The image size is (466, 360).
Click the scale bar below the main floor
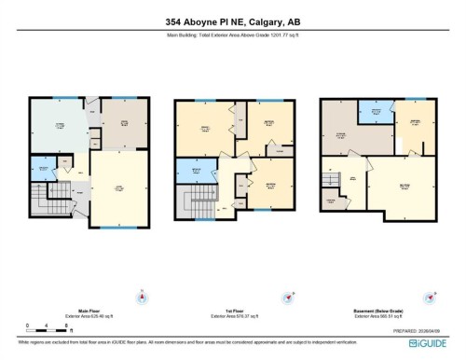click(43, 326)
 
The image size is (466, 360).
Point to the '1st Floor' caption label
click(233, 312)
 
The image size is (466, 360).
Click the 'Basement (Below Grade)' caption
click(378, 312)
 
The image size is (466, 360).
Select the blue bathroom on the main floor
click(41, 169)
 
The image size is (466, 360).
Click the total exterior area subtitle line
click(232, 35)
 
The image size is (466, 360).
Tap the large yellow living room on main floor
click(118, 189)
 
